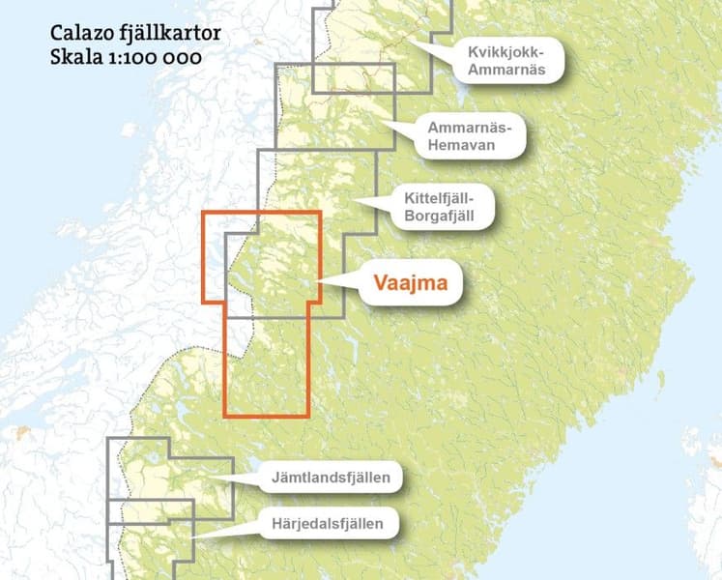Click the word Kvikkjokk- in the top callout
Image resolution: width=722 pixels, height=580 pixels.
[505, 50]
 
